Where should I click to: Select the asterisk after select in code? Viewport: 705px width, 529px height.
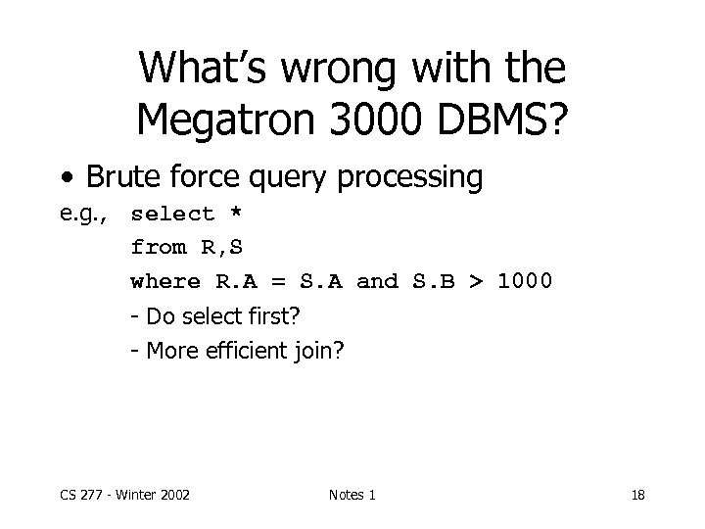[235, 214]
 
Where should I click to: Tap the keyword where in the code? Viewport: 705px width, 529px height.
[165, 282]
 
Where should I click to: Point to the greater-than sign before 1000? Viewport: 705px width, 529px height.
[477, 282]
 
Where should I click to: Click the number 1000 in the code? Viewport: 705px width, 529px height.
[526, 282]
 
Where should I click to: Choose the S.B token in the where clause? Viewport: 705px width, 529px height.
[432, 282]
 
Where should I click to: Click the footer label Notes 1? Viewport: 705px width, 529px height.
[352, 495]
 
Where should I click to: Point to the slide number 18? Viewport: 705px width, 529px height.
[637, 495]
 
